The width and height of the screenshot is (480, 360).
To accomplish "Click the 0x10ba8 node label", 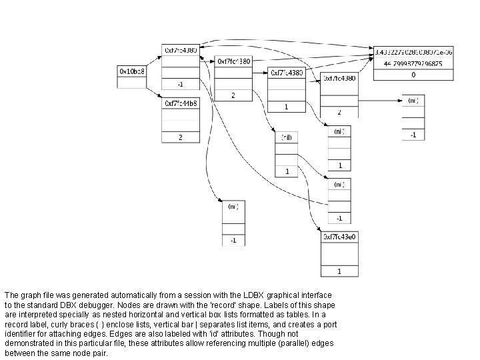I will pos(131,71).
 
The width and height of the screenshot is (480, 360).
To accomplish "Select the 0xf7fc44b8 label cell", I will pos(180,103).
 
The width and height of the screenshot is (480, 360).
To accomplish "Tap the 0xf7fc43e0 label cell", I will pos(340,237).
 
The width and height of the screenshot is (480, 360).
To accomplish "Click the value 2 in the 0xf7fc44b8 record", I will pos(180,137).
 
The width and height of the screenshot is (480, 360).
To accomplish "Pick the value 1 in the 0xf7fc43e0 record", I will pos(340,271).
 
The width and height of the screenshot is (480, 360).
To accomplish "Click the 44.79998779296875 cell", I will pos(413,63).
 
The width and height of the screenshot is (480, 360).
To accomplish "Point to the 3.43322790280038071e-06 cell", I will pos(413,51).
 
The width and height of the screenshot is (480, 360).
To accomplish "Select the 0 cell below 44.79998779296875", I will pos(413,75).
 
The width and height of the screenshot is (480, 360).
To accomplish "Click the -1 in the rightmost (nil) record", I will pos(413,135).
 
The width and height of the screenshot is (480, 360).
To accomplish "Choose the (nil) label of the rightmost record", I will pos(413,100).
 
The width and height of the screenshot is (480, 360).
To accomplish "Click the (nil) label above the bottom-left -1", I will pos(233,207).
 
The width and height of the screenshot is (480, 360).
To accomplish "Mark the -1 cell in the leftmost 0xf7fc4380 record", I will pos(180,85).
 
